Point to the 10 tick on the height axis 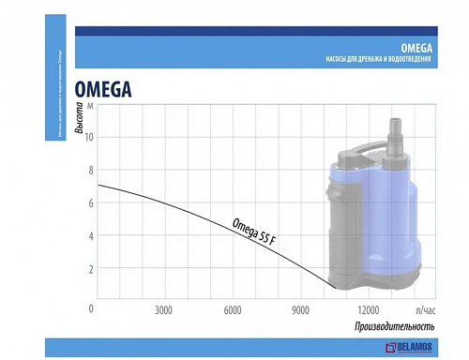pyautogui.click(x=90, y=137)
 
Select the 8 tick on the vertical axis pyautogui.click(x=90, y=170)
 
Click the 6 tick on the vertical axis pyautogui.click(x=90, y=202)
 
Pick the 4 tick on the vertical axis pyautogui.click(x=90, y=236)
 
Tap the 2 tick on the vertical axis pyautogui.click(x=90, y=269)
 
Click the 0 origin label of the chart pyautogui.click(x=91, y=308)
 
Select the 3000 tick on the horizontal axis pyautogui.click(x=164, y=309)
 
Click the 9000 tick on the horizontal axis pyautogui.click(x=300, y=309)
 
